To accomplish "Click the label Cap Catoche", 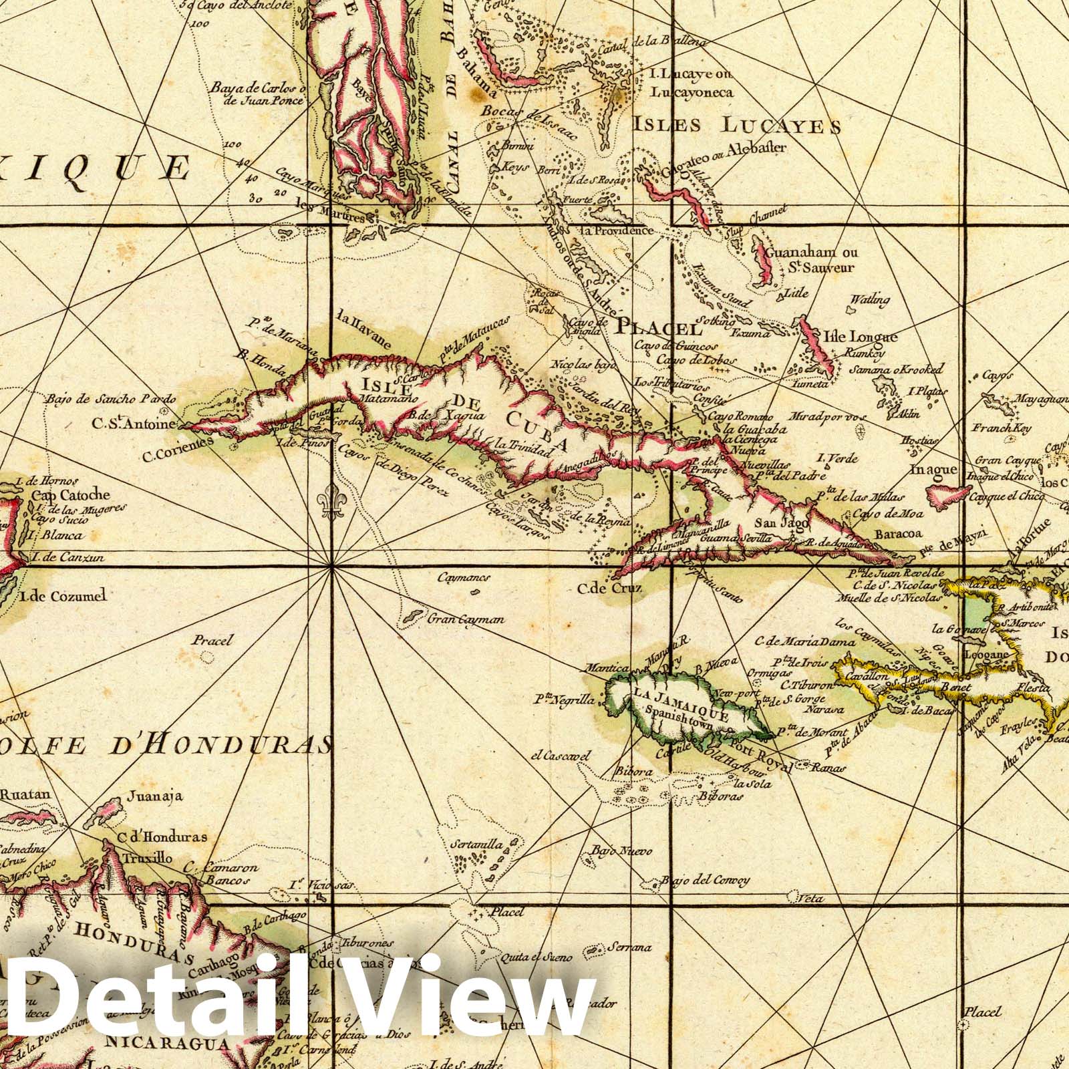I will click(x=69, y=496).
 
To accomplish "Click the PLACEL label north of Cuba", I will click(x=659, y=328).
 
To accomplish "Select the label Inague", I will click(x=934, y=470).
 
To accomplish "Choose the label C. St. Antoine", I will click(x=134, y=423).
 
